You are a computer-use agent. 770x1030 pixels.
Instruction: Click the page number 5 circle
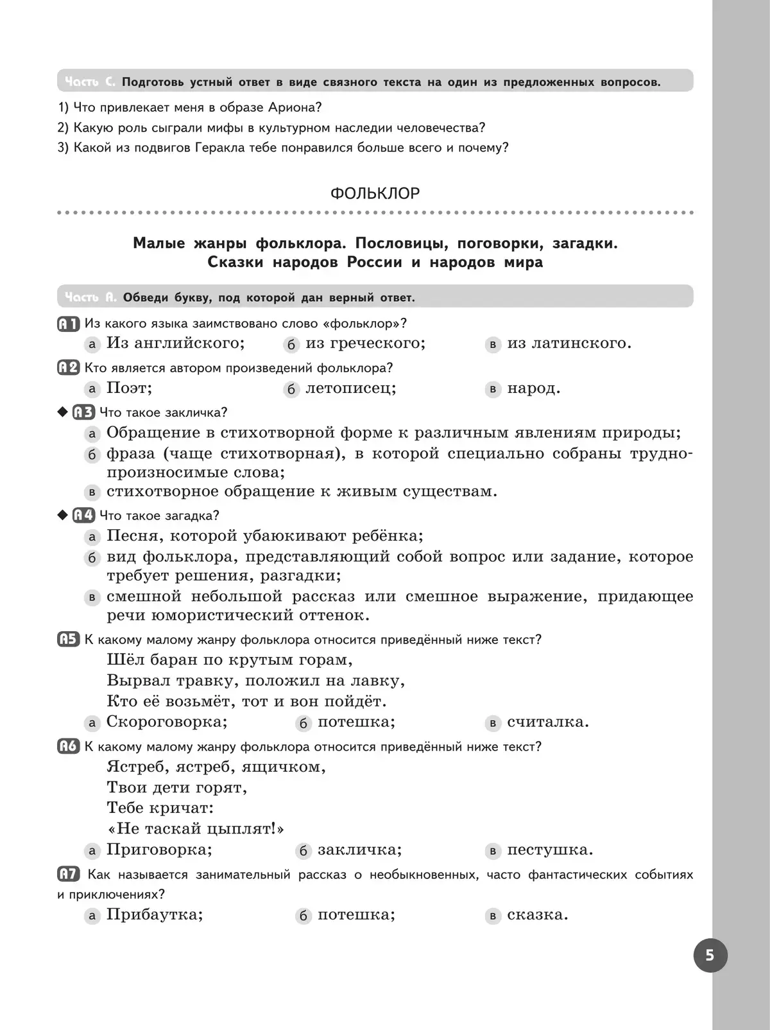(710, 955)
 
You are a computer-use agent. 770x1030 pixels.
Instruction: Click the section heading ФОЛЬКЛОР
(375, 193)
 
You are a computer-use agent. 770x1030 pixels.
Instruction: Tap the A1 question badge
(68, 324)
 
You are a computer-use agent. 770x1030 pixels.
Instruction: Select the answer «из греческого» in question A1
(365, 343)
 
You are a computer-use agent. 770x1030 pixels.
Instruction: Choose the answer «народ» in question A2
(533, 388)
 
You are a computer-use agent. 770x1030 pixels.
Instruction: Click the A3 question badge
(83, 412)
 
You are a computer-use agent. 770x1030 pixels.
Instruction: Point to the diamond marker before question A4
(62, 515)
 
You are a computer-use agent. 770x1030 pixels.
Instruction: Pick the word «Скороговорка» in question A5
(166, 722)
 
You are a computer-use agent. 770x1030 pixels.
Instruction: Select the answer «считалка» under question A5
(547, 722)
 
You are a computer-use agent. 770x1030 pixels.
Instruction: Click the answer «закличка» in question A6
(359, 850)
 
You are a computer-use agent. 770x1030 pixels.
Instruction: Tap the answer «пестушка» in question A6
(550, 850)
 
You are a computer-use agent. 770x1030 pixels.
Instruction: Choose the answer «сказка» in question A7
(537, 914)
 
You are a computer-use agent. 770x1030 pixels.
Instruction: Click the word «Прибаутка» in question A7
(154, 914)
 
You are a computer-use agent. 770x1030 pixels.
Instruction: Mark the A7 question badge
(69, 874)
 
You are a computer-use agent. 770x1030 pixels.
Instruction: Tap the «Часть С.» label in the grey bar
(90, 82)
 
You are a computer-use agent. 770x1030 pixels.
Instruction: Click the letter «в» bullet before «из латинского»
(493, 344)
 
